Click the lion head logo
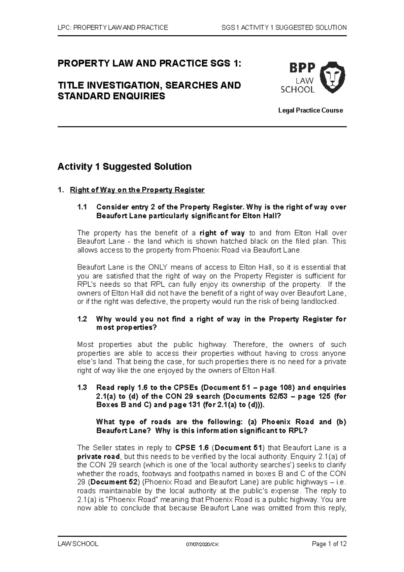[332, 78]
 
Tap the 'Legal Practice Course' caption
[310, 110]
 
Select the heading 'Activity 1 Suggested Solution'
[125, 167]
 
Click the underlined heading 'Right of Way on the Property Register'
[137, 190]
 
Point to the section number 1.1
[82, 207]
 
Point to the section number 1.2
[82, 319]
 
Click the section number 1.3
[82, 388]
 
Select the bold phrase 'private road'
[99, 457]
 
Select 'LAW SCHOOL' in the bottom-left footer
[78, 544]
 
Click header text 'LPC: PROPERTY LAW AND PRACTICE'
[113, 28]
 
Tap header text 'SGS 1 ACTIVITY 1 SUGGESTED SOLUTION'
[284, 28]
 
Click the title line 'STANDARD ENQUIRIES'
[111, 97]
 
